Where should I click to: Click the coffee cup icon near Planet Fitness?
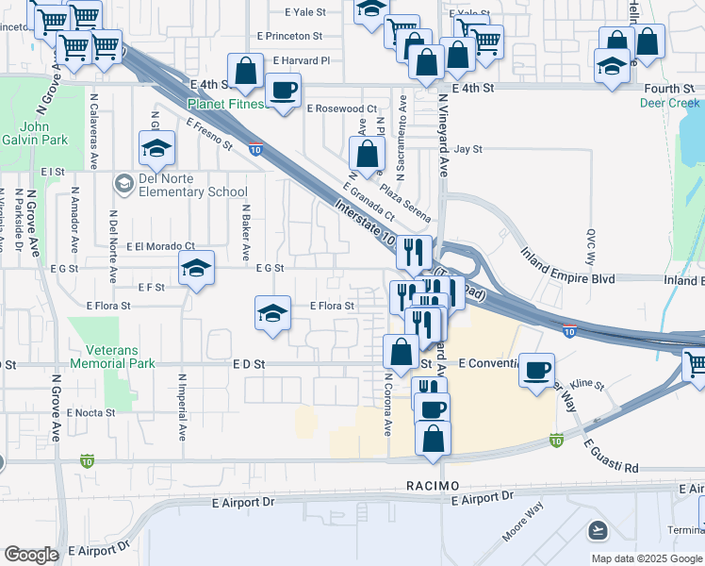pyautogui.click(x=282, y=91)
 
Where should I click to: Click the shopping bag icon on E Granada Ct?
pyautogui.click(x=367, y=154)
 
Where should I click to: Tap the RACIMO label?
pyautogui.click(x=433, y=485)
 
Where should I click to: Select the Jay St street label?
pyautogui.click(x=467, y=149)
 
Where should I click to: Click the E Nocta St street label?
pyautogui.click(x=91, y=412)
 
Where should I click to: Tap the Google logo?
pyautogui.click(x=31, y=555)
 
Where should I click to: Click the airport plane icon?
pyautogui.click(x=597, y=530)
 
